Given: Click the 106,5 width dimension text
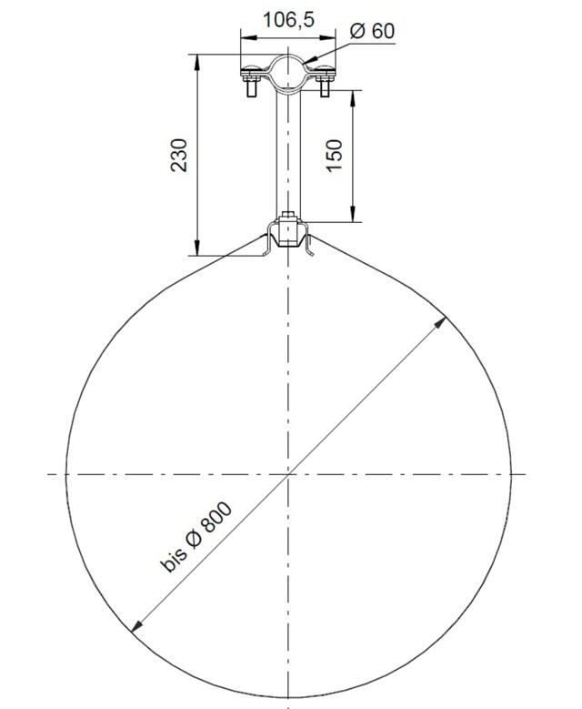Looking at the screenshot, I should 288,20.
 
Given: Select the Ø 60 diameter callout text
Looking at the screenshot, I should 371,30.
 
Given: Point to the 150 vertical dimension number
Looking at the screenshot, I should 334,157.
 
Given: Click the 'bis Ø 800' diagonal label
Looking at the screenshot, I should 196,538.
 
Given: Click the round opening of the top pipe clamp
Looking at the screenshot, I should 288,70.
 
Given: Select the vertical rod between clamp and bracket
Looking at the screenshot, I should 288,155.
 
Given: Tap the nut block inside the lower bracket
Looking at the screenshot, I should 288,233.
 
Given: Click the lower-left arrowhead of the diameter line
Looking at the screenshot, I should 135,626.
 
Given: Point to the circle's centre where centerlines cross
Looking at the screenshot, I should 288,473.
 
